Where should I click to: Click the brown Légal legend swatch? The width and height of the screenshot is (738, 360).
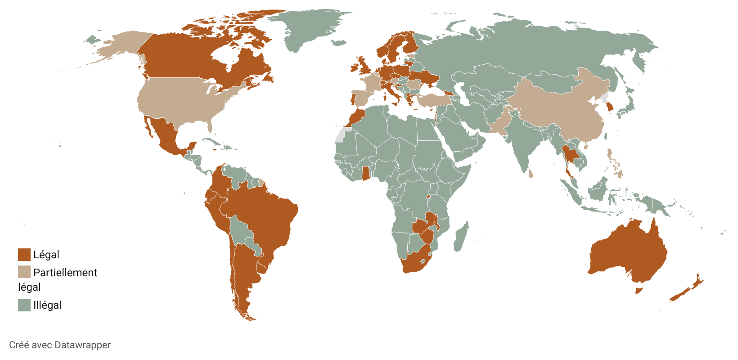coord(24,255)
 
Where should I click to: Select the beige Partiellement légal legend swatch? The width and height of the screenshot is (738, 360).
coord(24,272)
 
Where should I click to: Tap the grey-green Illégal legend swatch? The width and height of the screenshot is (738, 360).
coord(24,305)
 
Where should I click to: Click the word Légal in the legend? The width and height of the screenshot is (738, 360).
coord(46,255)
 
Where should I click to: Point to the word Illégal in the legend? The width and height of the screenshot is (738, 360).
coord(47,305)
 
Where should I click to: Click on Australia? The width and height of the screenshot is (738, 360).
coord(628,252)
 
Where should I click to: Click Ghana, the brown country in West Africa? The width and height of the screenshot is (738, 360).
coord(366,173)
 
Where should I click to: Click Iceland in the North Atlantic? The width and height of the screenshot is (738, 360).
coord(338,43)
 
